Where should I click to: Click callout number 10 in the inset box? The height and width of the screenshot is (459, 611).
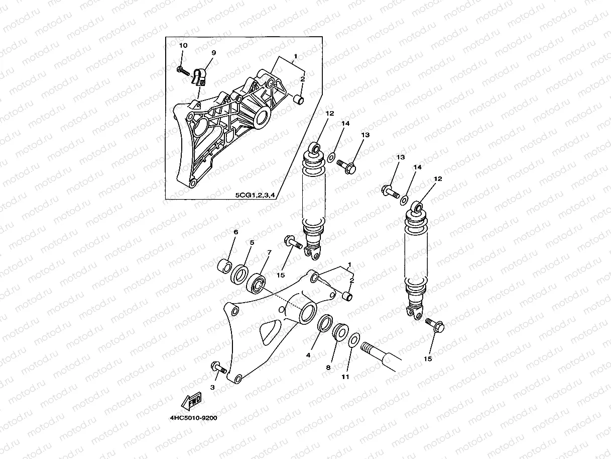pyautogui.click(x=183, y=46)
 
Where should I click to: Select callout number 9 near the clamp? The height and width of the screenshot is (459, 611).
pyautogui.click(x=213, y=53)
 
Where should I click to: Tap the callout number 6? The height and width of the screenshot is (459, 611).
pyautogui.click(x=235, y=232)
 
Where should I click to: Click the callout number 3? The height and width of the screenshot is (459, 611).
pyautogui.click(x=212, y=388)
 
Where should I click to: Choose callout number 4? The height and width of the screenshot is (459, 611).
pyautogui.click(x=309, y=355)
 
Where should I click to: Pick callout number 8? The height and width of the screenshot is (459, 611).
pyautogui.click(x=328, y=368)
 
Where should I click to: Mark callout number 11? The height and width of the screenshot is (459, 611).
pyautogui.click(x=345, y=377)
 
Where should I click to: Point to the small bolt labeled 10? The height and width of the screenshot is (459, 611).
pyautogui.click(x=184, y=71)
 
